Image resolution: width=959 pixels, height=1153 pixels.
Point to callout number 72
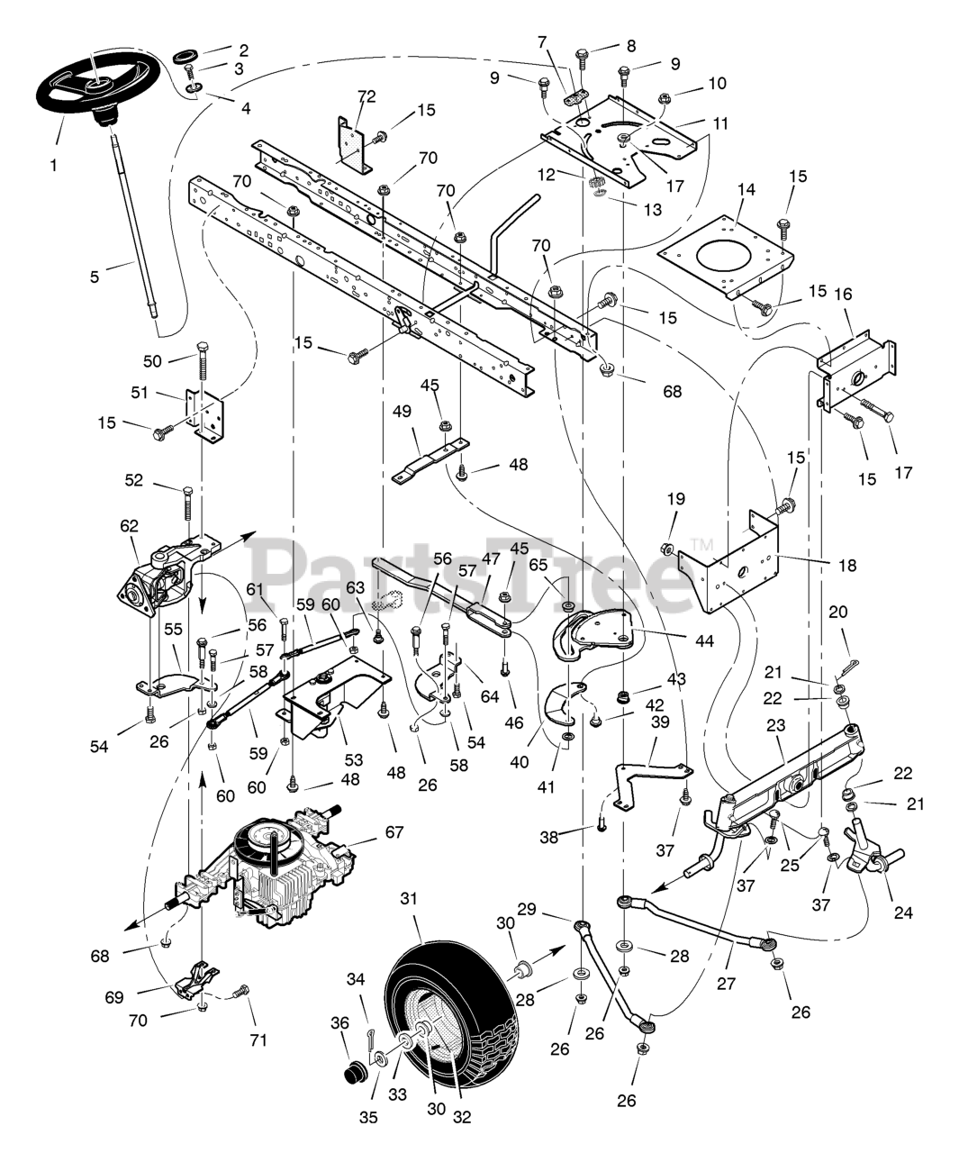pyautogui.click(x=366, y=96)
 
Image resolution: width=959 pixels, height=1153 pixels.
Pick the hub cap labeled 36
pyautogui.click(x=351, y=1074)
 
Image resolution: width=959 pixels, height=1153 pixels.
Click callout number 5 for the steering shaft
pyautogui.click(x=95, y=277)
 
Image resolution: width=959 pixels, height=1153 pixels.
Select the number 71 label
pyautogui.click(x=258, y=1040)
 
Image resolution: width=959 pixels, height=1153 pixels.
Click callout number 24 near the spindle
pyautogui.click(x=903, y=912)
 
